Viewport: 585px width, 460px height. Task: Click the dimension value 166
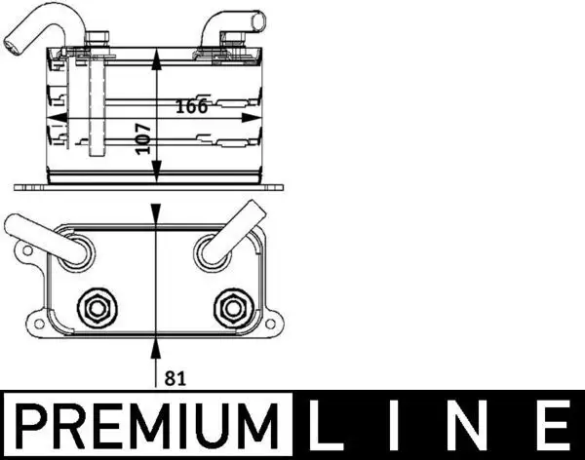tap(192, 106)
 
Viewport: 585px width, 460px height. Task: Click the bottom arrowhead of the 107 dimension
tap(157, 179)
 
